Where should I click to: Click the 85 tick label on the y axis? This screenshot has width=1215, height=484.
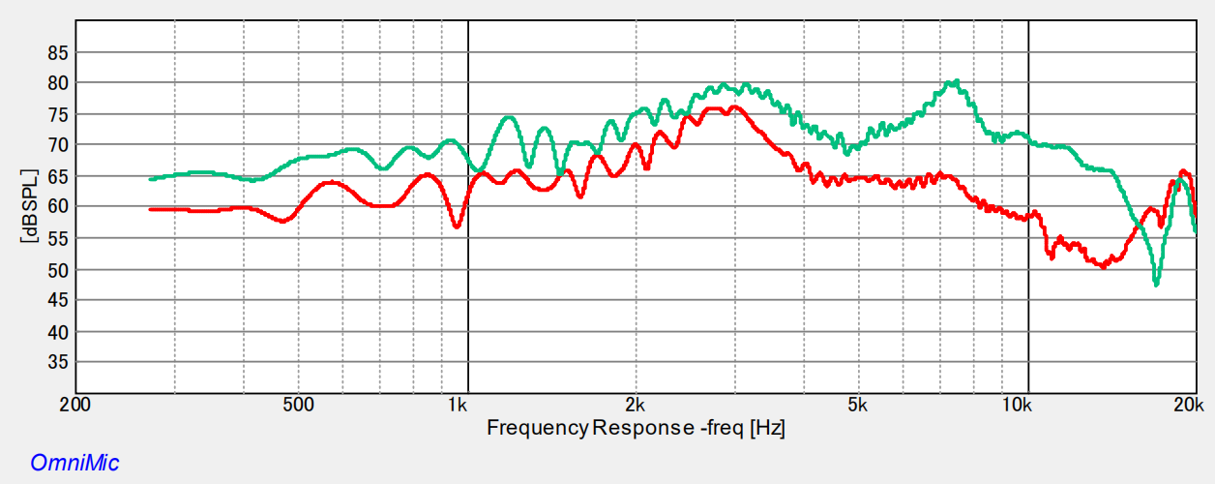[57, 53]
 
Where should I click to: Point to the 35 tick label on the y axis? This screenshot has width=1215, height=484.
[57, 362]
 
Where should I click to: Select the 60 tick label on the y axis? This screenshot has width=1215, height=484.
[57, 207]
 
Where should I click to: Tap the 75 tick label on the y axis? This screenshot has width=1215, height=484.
[57, 115]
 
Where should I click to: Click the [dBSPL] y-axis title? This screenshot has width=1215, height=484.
[30, 207]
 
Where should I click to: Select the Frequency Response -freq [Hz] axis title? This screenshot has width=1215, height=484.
[636, 427]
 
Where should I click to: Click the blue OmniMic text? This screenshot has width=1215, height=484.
[74, 463]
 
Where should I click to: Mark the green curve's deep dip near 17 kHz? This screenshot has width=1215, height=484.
[1156, 284]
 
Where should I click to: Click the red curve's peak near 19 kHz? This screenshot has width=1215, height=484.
[1184, 171]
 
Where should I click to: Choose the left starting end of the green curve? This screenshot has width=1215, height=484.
[150, 179]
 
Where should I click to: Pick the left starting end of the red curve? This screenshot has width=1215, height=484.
[150, 209]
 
